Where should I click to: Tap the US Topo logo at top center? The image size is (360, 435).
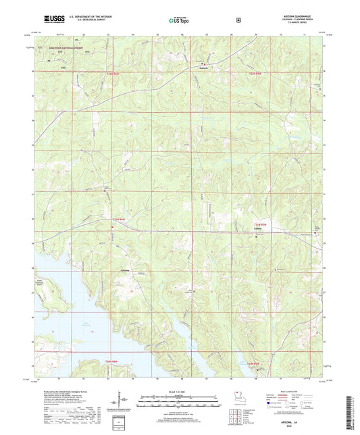tap(179, 20)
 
